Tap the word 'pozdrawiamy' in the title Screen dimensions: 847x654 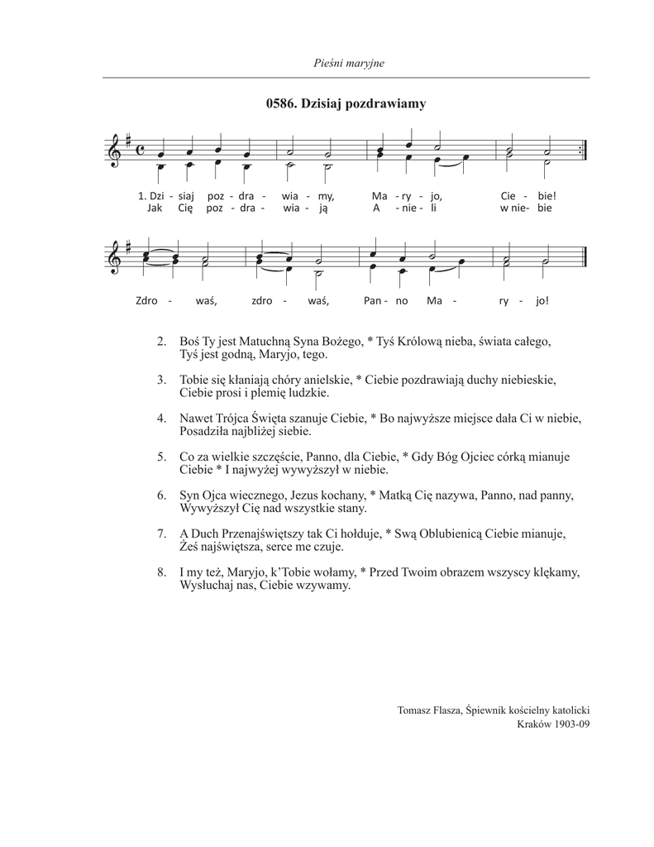(386, 103)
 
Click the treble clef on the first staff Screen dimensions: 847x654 (115, 153)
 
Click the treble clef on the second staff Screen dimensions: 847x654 (115, 255)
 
